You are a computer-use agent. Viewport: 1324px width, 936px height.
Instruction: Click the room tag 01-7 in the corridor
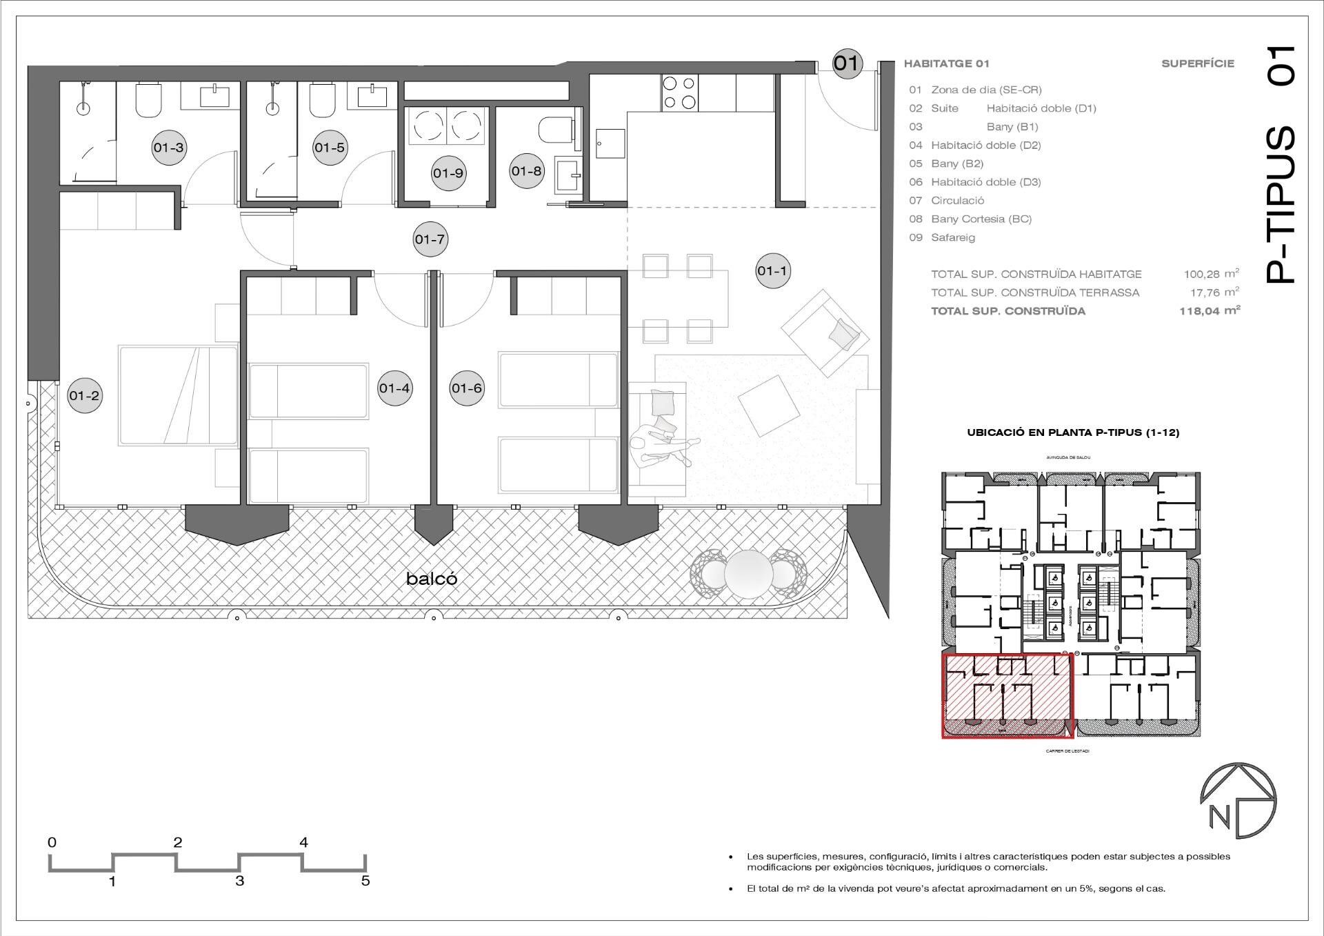coord(430,239)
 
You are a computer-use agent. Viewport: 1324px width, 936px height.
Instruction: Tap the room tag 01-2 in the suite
coord(85,395)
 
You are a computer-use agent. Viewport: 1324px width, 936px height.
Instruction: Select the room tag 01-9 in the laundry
coord(448,173)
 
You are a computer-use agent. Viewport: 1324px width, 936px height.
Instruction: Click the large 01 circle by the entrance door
coord(847,63)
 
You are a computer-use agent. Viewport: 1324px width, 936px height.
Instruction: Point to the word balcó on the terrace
coord(432,579)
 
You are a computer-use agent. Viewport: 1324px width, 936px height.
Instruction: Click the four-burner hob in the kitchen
coord(679,93)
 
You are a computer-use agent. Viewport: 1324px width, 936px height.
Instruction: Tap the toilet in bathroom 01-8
coord(554,130)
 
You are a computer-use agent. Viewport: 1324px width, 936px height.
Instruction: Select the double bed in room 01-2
coord(178,395)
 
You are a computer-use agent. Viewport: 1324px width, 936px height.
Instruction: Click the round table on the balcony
coord(748,572)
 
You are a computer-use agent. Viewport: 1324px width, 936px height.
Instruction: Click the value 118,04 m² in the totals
coord(1210,311)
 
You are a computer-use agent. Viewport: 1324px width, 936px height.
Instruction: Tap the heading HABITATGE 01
coord(946,63)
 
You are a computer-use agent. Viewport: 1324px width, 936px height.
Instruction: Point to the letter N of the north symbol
coord(1219,817)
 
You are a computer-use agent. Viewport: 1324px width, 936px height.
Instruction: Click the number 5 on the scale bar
coord(365,881)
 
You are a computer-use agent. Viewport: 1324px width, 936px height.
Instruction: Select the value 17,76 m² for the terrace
coord(1214,292)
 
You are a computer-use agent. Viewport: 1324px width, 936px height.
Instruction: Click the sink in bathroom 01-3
coord(214,96)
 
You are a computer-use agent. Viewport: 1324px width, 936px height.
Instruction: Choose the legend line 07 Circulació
coord(947,201)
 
